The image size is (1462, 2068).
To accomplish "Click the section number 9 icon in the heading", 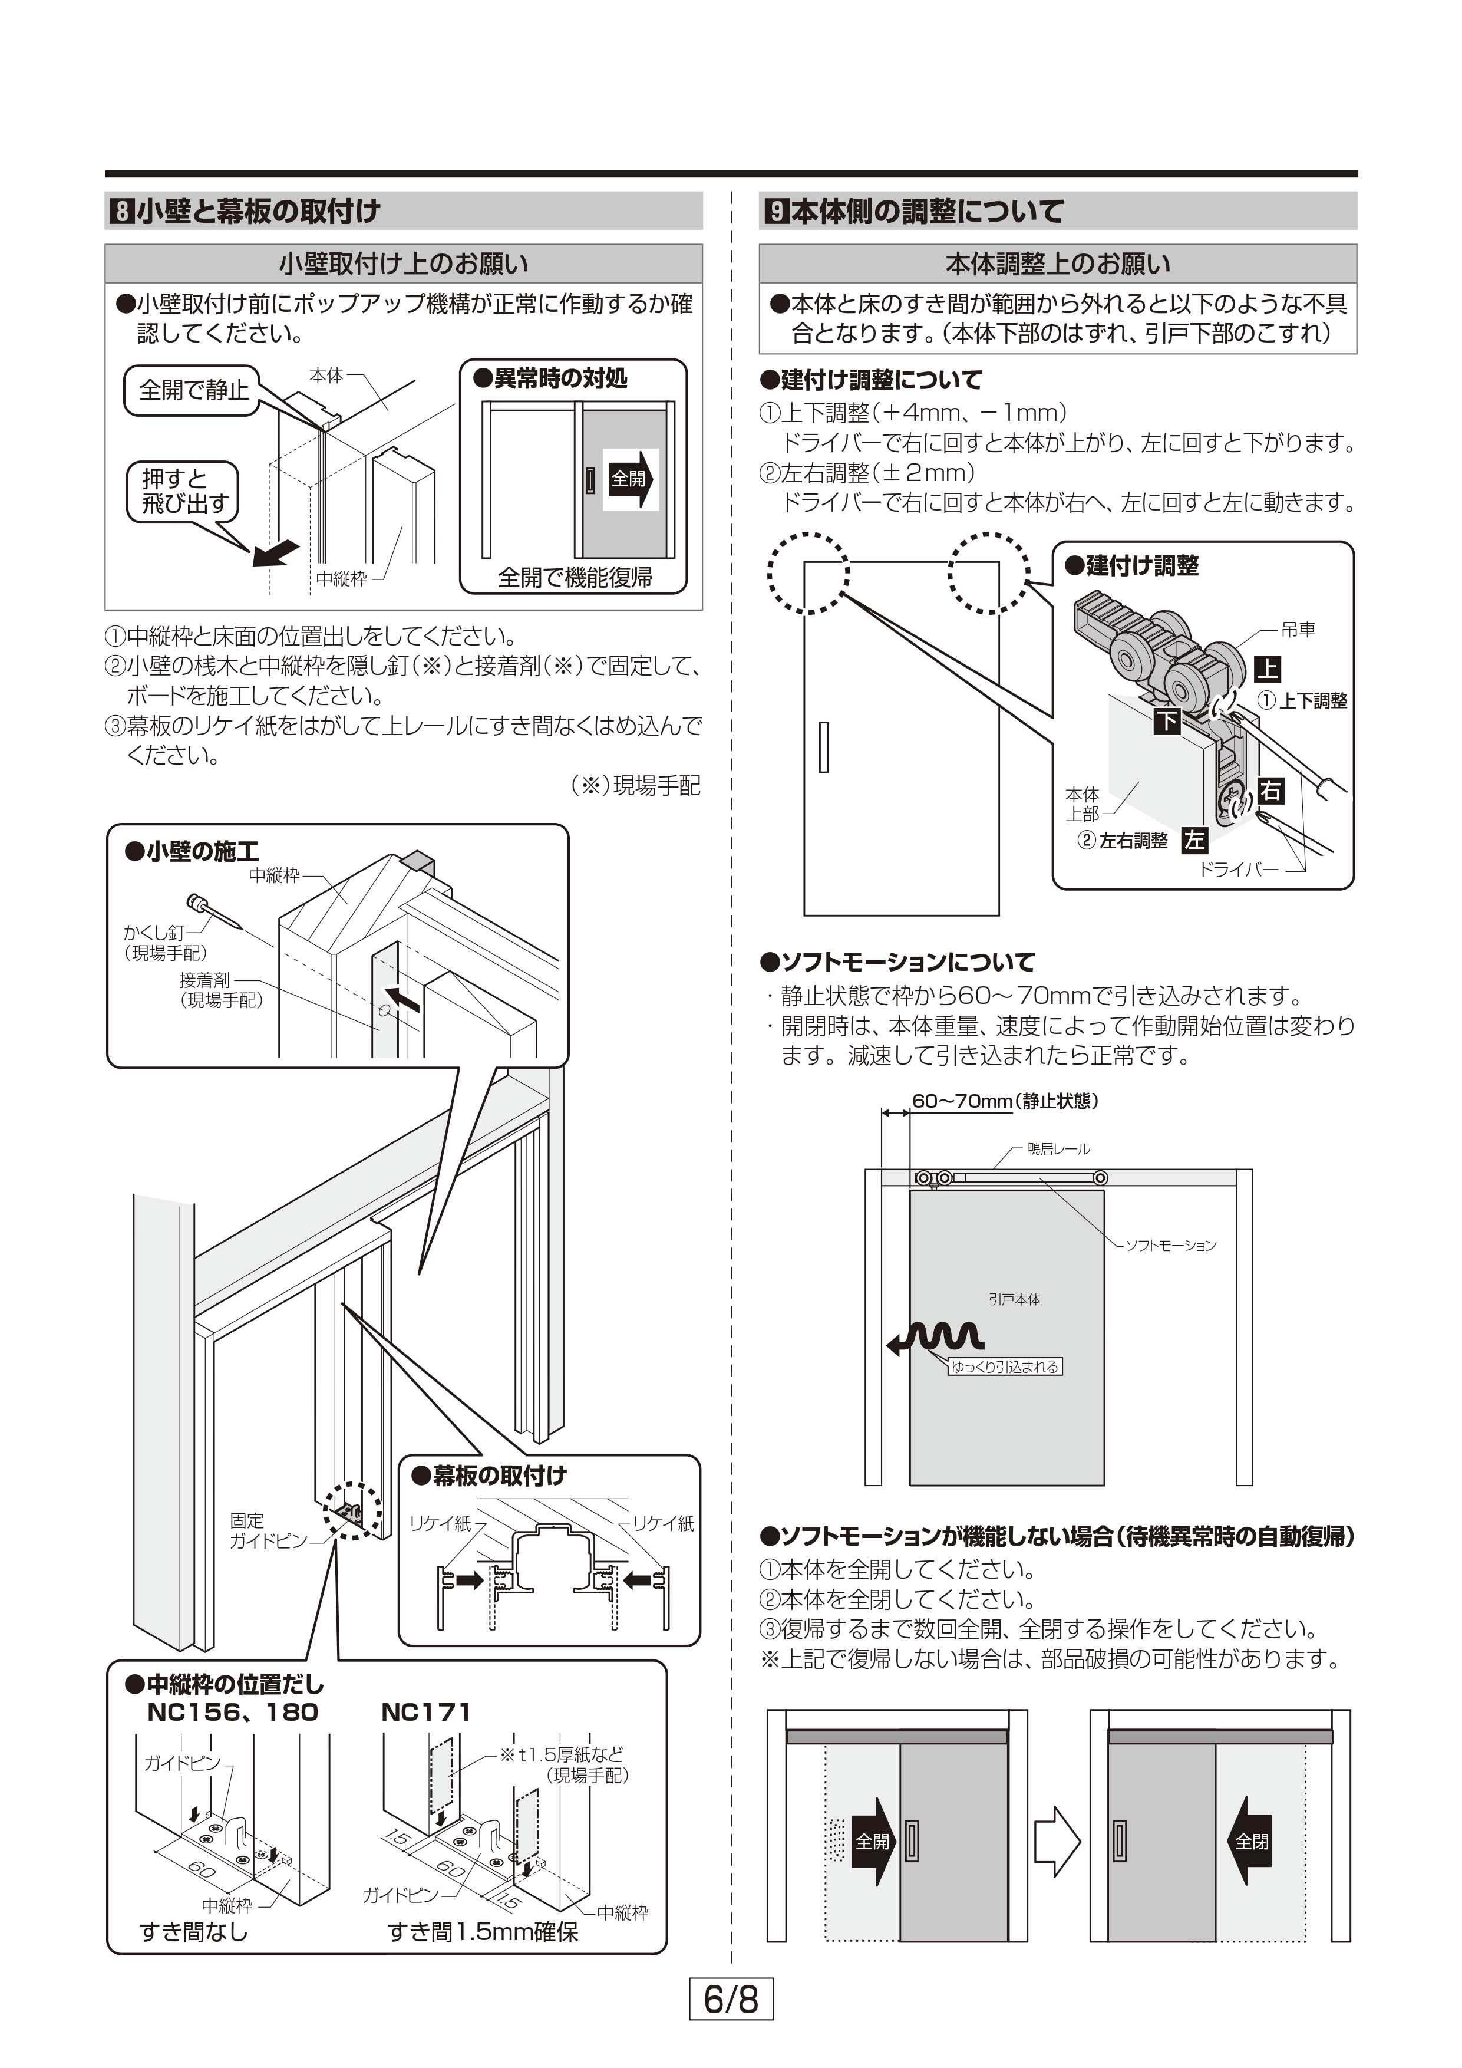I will click(775, 212).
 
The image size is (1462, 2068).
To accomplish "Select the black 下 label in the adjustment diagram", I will click(1167, 720).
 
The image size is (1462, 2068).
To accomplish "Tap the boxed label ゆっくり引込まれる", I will click(1005, 1367).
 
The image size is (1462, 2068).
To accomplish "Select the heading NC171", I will click(426, 1712).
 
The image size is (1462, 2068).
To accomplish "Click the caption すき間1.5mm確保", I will click(483, 1932).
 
